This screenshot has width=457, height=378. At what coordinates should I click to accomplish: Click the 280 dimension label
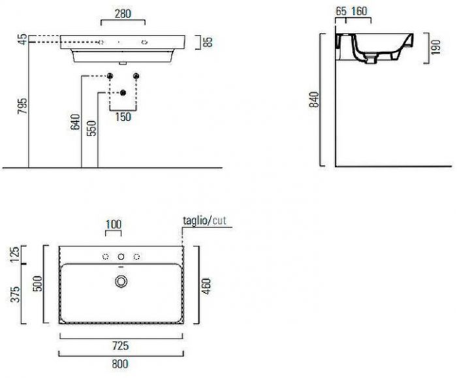tap(123, 14)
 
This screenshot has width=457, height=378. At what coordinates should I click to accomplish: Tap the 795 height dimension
tap(22, 106)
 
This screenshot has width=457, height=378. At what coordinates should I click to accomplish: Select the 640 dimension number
tap(75, 122)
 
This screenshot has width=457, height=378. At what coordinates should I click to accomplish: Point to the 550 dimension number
tap(91, 128)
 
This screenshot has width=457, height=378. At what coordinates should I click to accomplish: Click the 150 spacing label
tap(123, 117)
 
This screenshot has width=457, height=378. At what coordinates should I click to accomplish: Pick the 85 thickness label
tap(208, 42)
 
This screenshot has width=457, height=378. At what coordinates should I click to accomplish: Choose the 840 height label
tap(314, 100)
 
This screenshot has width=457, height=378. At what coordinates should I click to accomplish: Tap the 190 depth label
tap(435, 48)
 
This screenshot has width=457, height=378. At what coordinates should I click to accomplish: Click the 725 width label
tap(120, 345)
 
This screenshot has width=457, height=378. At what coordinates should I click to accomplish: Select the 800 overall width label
tap(120, 364)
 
